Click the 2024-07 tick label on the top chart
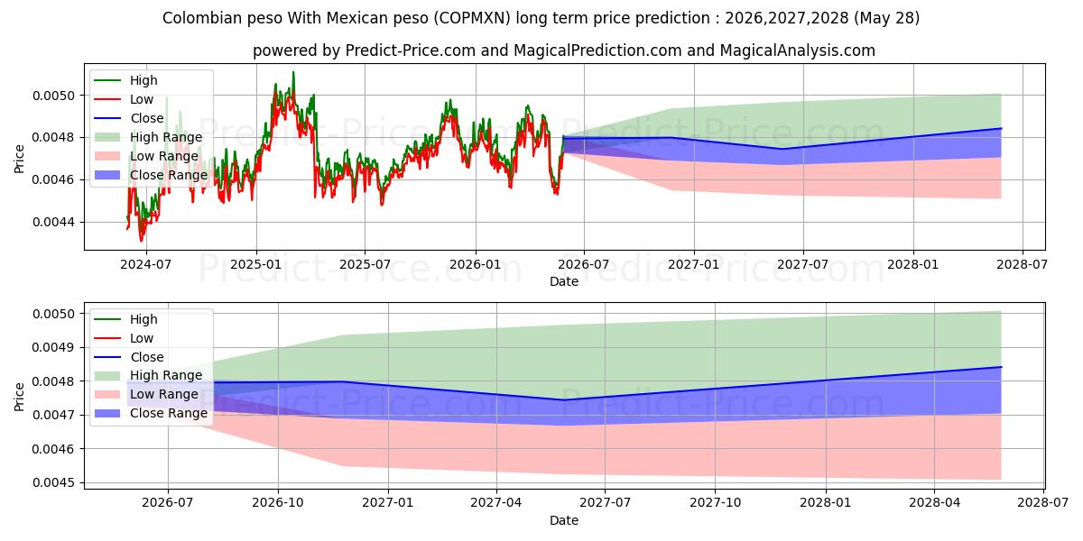(145, 265)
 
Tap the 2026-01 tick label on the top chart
(476, 265)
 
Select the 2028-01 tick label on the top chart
(912, 265)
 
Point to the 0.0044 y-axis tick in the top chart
(53, 222)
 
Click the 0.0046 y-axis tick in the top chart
(53, 180)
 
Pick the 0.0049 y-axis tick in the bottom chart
(53, 348)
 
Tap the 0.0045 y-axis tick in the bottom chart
(53, 482)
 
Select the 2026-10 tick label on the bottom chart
(278, 503)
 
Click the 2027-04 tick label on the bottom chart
(496, 503)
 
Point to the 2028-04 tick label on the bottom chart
(934, 503)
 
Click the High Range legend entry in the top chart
(148, 137)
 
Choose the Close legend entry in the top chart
(128, 118)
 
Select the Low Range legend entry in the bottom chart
(146, 394)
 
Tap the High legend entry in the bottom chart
(125, 319)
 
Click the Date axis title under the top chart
(564, 281)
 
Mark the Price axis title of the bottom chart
(19, 397)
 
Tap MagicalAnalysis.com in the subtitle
(797, 50)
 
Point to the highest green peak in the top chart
(293, 72)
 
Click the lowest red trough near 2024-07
(141, 240)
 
